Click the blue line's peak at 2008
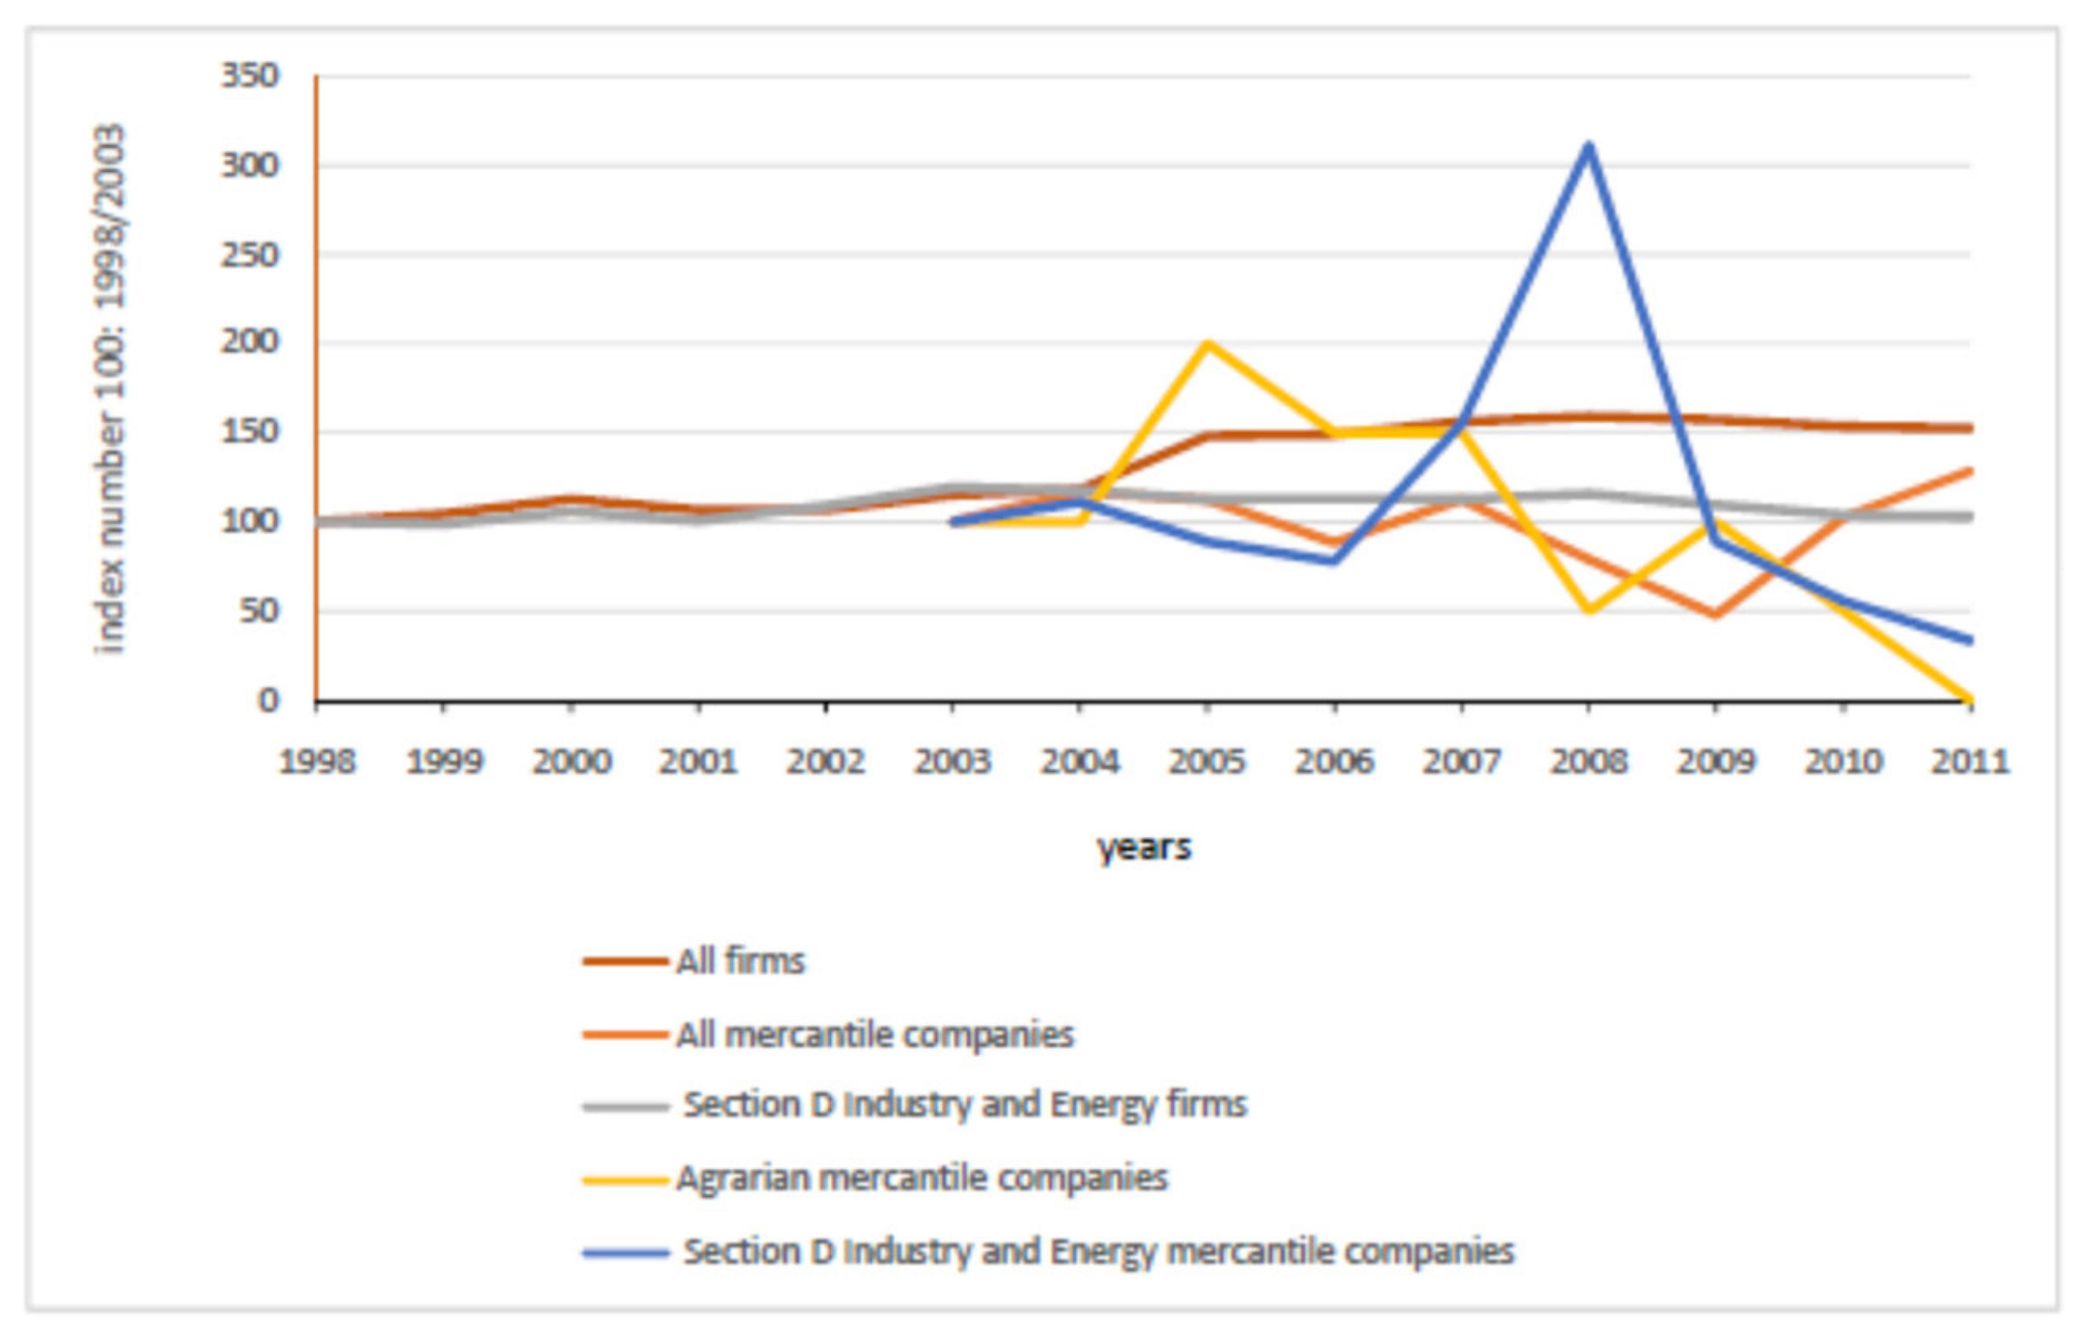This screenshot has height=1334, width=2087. point(1588,146)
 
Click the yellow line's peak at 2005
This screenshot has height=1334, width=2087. point(1207,344)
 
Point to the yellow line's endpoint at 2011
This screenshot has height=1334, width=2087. point(1969,698)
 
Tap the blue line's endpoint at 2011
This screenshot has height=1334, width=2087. point(1969,641)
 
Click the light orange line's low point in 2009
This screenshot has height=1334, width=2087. point(1715,615)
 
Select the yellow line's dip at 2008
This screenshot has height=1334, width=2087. point(1589,611)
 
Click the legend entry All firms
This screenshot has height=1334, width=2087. point(740,961)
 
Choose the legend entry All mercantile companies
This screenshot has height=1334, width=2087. point(874,1035)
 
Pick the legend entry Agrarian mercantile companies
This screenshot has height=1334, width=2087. point(921,1179)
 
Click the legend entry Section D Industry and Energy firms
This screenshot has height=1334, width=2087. point(964,1105)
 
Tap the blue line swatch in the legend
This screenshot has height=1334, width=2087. point(626,1252)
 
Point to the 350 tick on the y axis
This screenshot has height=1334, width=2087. point(250,76)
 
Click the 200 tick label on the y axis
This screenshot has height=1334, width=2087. point(250,342)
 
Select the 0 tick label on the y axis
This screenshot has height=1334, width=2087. point(267,700)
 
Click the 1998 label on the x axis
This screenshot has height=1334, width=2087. point(317,762)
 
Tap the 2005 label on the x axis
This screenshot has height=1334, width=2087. point(1207,762)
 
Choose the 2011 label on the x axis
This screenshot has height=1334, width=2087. point(1969,762)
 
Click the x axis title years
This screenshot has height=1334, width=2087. point(1143,847)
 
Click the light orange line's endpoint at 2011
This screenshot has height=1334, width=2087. point(1969,471)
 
